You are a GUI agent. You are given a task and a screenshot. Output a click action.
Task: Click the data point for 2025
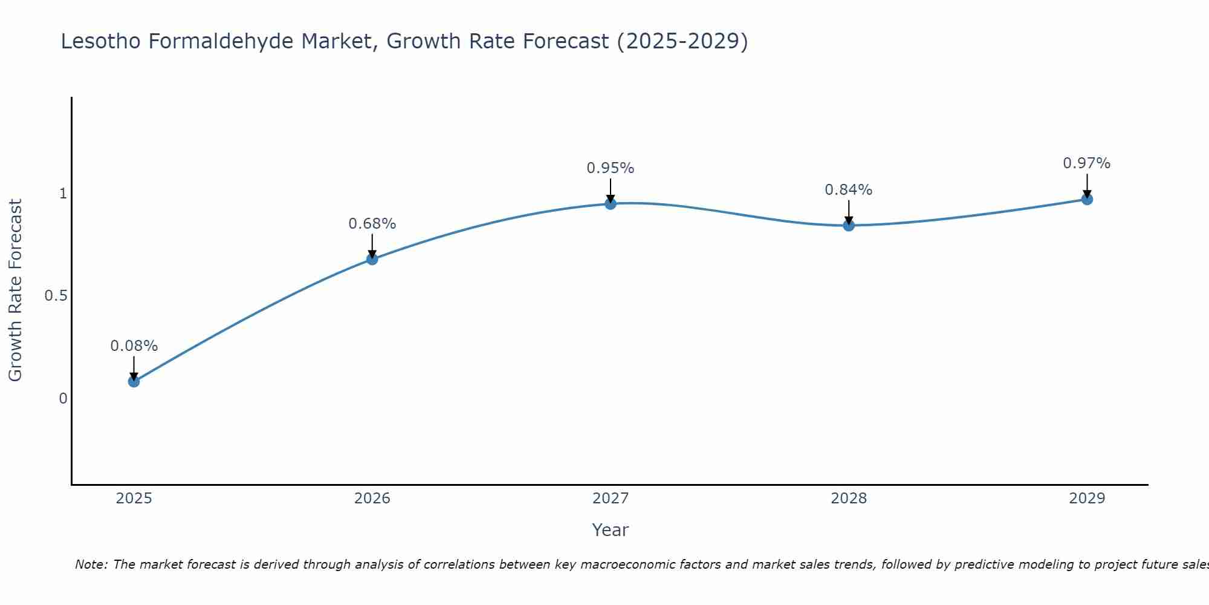[134, 381]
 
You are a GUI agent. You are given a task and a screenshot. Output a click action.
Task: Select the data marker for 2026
[372, 259]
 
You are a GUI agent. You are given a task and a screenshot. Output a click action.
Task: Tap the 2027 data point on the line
[611, 204]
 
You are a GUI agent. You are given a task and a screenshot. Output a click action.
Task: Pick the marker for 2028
[849, 226]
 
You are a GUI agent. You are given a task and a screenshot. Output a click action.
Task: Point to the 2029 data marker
[1087, 199]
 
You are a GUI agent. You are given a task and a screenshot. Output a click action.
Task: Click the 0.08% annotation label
[134, 346]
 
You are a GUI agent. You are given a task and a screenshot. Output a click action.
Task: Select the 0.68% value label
[372, 224]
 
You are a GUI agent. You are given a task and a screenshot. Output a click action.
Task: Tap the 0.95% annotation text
[611, 168]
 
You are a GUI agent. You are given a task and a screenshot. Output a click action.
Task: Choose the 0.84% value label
[849, 190]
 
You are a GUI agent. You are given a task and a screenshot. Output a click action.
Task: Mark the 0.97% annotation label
[1087, 163]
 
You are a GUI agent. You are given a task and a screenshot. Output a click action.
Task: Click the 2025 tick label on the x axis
[134, 499]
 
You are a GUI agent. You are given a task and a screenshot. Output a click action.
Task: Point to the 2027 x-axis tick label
[611, 499]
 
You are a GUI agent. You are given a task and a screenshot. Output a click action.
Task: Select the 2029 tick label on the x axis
[1087, 499]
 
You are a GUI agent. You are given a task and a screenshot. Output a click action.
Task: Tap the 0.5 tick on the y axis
[55, 296]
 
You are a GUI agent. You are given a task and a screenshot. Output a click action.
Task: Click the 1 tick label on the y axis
[62, 194]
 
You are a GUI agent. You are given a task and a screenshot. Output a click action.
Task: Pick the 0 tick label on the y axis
[62, 398]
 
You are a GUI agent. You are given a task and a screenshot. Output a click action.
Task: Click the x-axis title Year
[611, 530]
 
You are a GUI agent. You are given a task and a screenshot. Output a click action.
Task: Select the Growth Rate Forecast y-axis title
[15, 290]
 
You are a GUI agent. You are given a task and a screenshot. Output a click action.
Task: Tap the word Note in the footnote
[91, 564]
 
